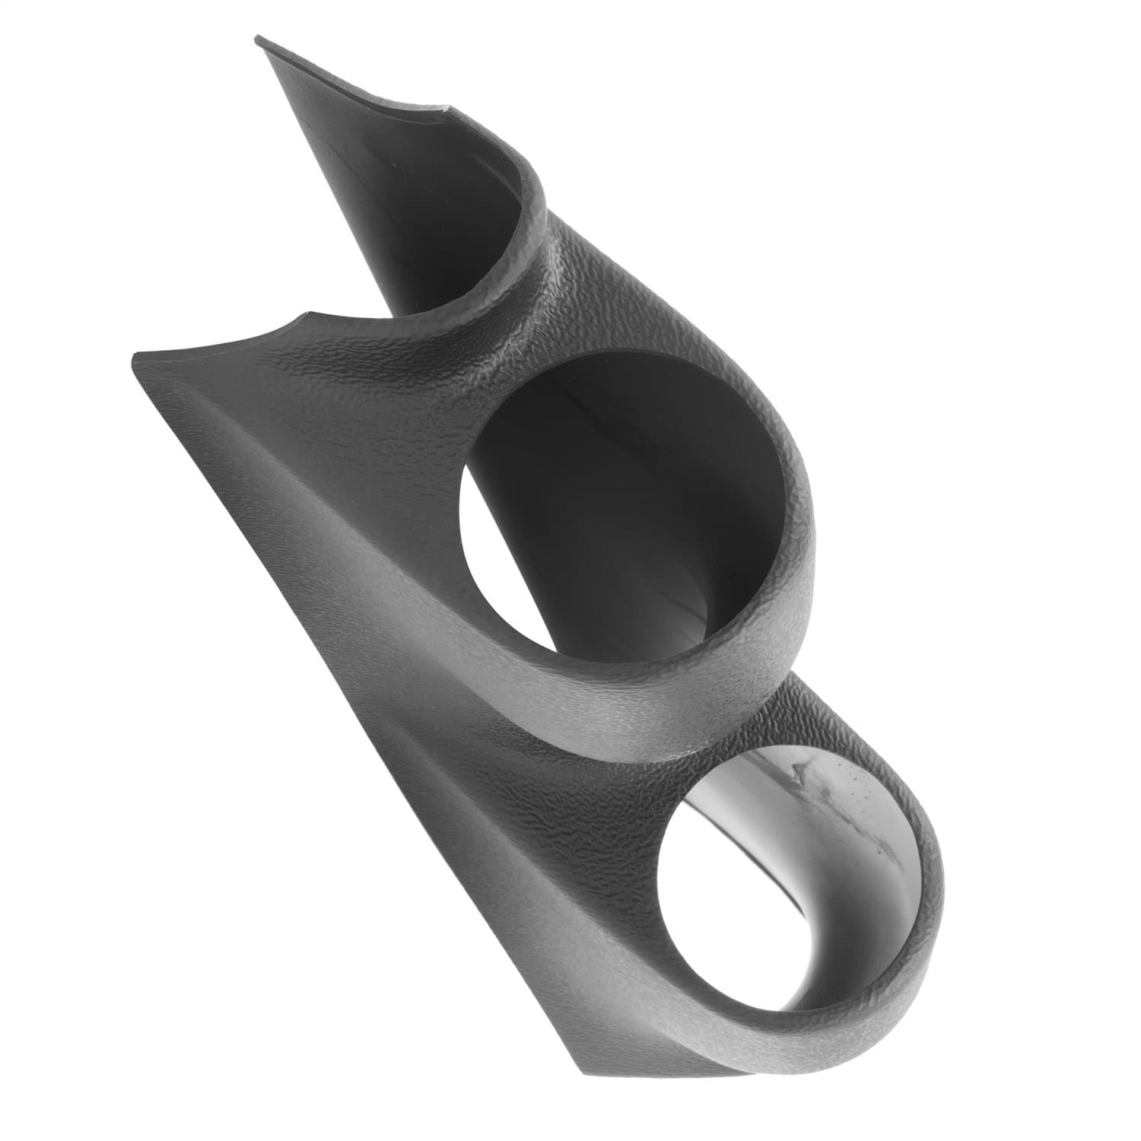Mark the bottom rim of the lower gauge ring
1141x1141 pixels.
tap(761, 1042)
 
